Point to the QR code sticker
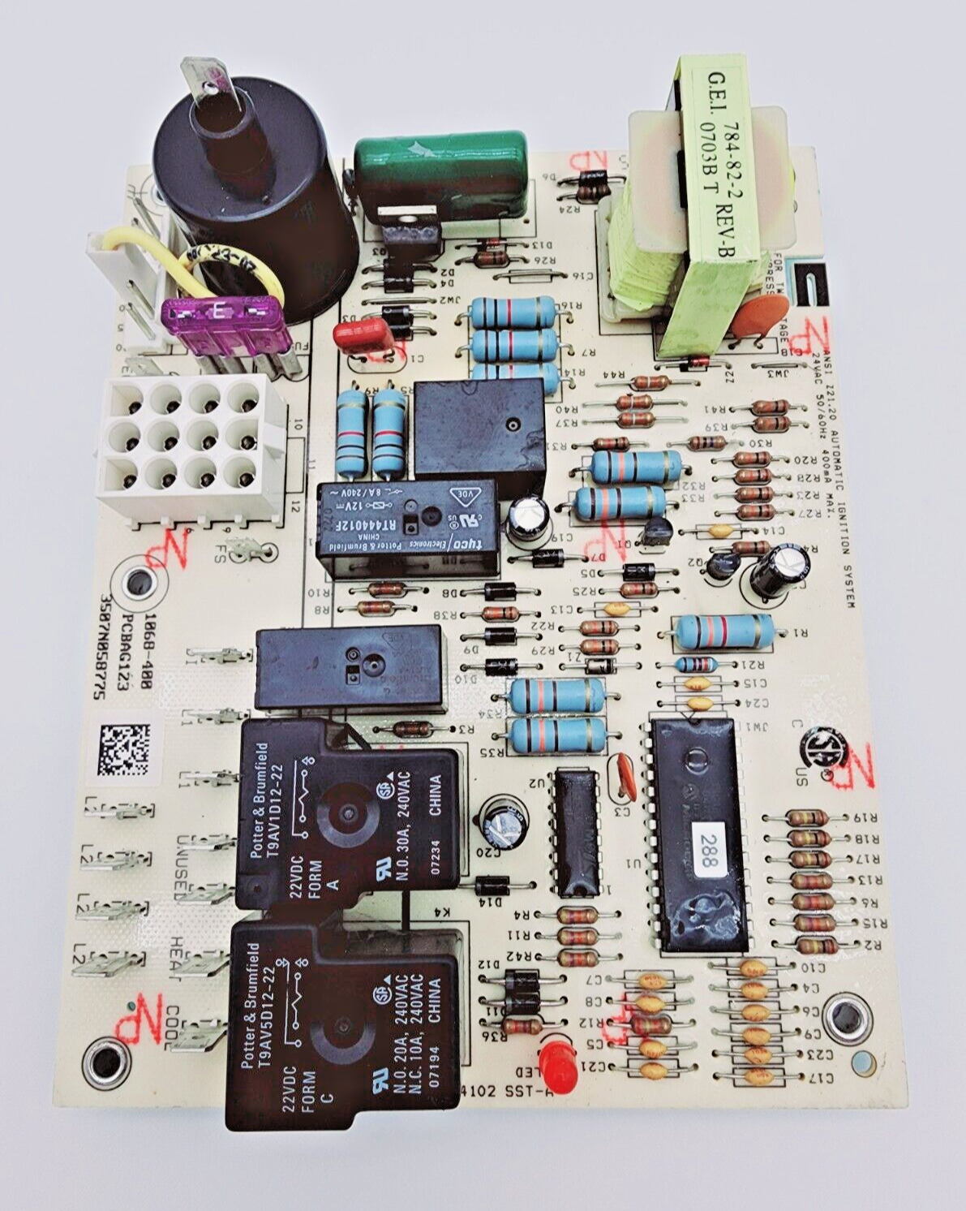[x=124, y=749]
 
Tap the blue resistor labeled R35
[x=558, y=735]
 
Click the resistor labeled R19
[x=808, y=818]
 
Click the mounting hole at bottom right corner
[x=847, y=1016]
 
